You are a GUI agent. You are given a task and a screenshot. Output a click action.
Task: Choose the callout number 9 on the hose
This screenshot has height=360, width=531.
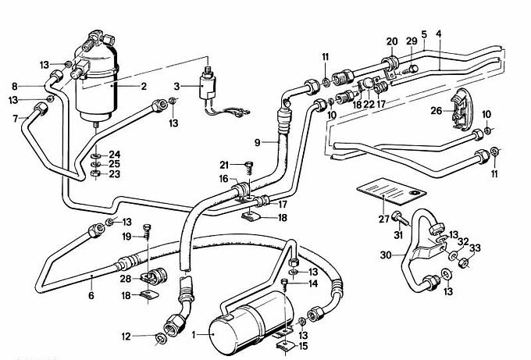(x=255, y=141)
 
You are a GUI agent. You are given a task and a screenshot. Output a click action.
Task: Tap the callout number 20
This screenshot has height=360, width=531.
(x=391, y=41)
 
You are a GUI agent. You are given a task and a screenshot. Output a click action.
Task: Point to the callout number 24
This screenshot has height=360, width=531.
(x=114, y=153)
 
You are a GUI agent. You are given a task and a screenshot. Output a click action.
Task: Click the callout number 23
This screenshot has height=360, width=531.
(x=114, y=174)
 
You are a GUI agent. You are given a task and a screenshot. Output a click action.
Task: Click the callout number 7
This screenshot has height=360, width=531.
(x=15, y=118)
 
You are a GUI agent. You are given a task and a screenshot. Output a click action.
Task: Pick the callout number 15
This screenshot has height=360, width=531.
(x=301, y=344)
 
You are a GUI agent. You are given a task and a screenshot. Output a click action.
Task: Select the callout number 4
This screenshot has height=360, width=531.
(x=439, y=34)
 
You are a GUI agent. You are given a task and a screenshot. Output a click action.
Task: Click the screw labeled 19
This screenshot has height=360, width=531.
(x=145, y=231)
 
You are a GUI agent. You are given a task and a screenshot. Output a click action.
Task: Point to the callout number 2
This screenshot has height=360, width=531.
(x=144, y=87)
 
